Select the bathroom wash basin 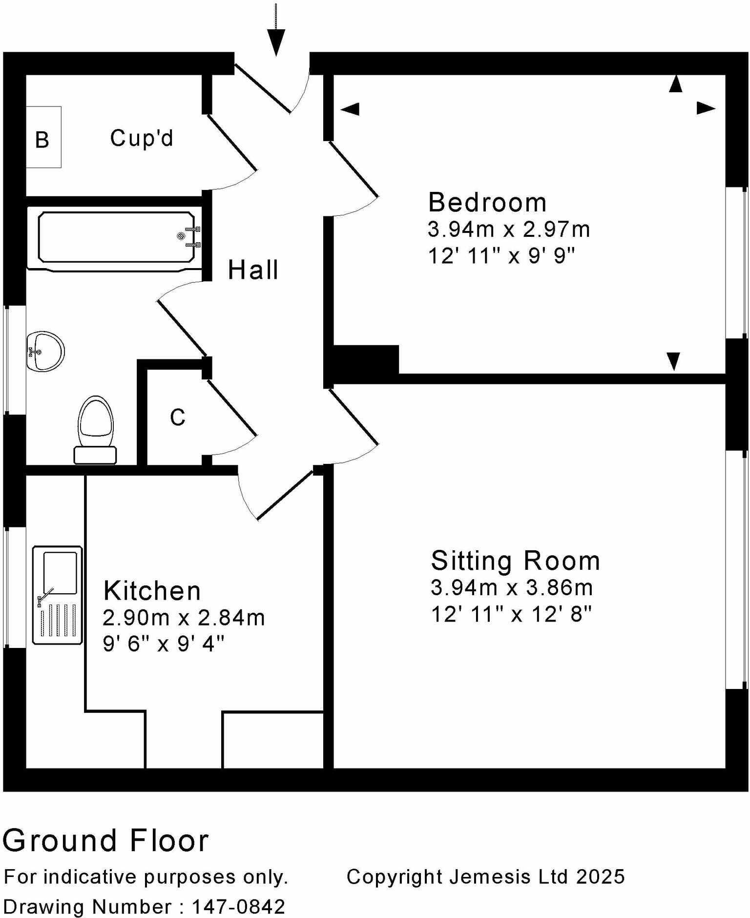(x=45, y=351)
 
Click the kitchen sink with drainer (x=58, y=595)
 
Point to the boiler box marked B (x=43, y=138)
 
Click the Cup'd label (x=142, y=138)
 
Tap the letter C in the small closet (x=178, y=417)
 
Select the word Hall (x=253, y=270)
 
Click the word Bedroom (x=487, y=203)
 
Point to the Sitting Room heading (x=515, y=561)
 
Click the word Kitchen (x=152, y=591)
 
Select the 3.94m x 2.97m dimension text (x=509, y=229)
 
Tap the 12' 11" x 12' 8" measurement (x=511, y=614)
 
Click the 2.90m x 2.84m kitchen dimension (x=184, y=618)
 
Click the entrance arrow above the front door (x=276, y=39)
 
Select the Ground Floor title (x=106, y=840)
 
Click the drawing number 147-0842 (x=238, y=907)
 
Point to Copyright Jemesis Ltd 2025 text (x=485, y=876)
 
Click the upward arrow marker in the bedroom (x=675, y=84)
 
